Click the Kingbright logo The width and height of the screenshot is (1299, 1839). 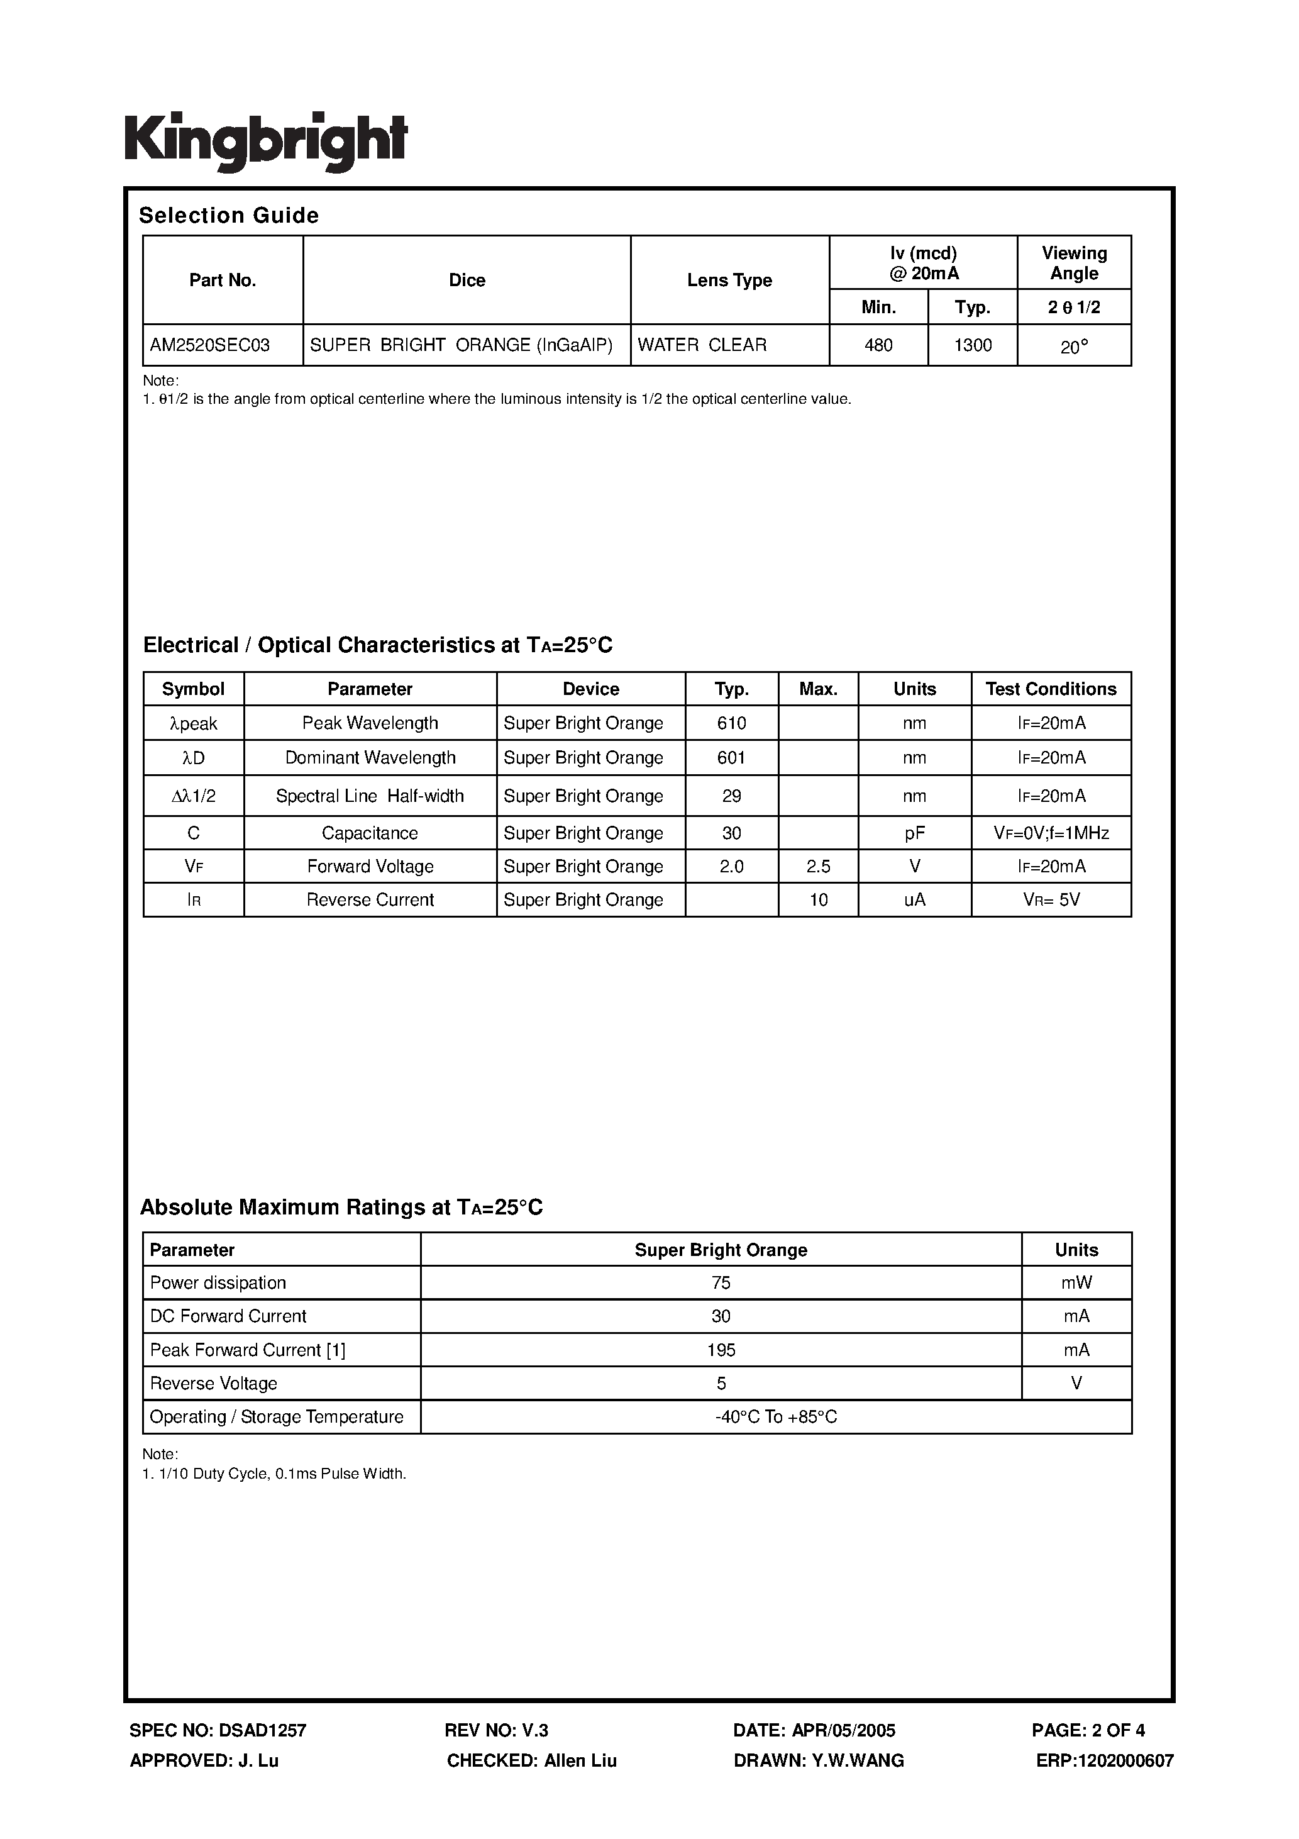tap(266, 141)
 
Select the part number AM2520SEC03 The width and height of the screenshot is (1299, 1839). tap(210, 345)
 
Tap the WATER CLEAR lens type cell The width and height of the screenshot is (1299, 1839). tap(702, 345)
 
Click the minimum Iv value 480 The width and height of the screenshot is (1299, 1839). tap(878, 345)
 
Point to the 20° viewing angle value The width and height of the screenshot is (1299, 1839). tap(1074, 347)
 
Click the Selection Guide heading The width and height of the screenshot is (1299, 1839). tap(229, 216)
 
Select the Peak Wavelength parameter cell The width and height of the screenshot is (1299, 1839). tap(370, 723)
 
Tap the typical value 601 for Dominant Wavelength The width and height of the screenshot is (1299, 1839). tap(731, 758)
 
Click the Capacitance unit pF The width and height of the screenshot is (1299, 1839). tap(915, 833)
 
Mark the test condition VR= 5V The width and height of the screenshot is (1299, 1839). tap(1051, 900)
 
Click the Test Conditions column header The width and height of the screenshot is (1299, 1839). tap(1051, 689)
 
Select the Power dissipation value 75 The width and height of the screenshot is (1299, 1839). tap(721, 1283)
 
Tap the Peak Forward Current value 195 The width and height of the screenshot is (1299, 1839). tap(721, 1350)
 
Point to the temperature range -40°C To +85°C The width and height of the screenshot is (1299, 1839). tap(776, 1417)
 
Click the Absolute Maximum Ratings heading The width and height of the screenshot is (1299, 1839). tap(341, 1207)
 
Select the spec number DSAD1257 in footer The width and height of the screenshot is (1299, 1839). tap(218, 1730)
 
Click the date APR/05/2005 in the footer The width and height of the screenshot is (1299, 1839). tap(814, 1730)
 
